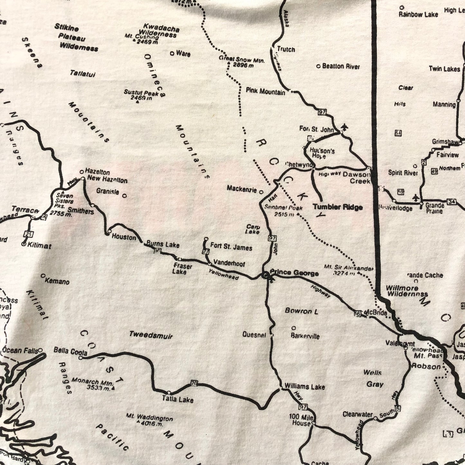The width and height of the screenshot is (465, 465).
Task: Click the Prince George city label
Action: pyautogui.click(x=294, y=273)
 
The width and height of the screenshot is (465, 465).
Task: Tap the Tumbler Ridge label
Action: pyautogui.click(x=338, y=207)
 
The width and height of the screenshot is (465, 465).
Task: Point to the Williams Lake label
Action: pyautogui.click(x=304, y=387)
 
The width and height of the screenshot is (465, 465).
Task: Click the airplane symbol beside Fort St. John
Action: pyautogui.click(x=345, y=128)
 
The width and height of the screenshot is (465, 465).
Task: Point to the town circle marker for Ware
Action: pyautogui.click(x=172, y=53)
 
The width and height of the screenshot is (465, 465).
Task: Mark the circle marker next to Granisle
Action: pyautogui.click(x=125, y=195)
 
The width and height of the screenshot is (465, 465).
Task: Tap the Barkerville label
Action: pyautogui.click(x=305, y=336)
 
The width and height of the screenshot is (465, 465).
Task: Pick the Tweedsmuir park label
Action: pyautogui.click(x=151, y=335)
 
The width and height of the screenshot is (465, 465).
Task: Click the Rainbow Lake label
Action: pyautogui.click(x=418, y=14)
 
